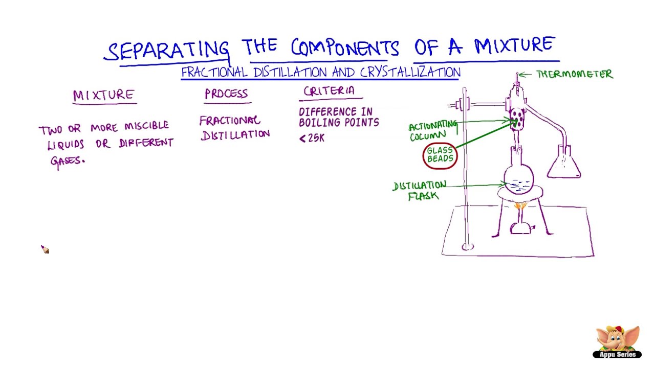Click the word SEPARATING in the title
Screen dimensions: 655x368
click(168, 50)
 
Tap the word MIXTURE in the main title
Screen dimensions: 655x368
click(514, 46)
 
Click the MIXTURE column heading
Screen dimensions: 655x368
click(104, 95)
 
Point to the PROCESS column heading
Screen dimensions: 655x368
click(226, 94)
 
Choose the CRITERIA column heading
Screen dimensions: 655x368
click(329, 91)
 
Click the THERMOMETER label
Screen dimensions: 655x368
click(574, 75)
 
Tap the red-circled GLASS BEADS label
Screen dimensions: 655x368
click(440, 155)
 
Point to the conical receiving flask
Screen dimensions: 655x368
click(564, 164)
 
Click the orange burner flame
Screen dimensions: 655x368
click(520, 206)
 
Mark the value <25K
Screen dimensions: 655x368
click(312, 138)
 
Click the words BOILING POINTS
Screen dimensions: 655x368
click(339, 123)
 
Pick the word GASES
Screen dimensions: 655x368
click(67, 160)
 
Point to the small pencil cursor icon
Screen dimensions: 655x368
click(45, 249)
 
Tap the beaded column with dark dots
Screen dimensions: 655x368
click(517, 119)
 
